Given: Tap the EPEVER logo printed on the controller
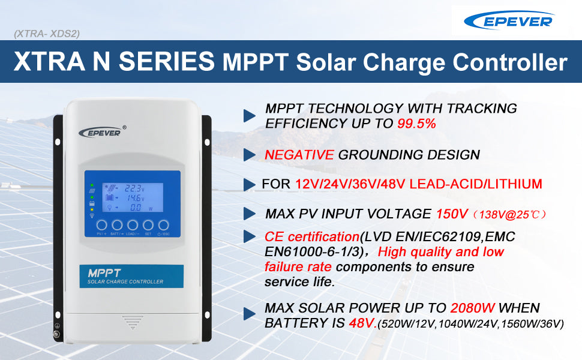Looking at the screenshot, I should (x=100, y=131).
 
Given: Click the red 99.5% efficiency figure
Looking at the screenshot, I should (x=416, y=124).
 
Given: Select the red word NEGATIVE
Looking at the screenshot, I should (x=299, y=155).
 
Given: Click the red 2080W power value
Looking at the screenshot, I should (x=472, y=308).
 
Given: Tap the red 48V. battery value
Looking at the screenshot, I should (x=362, y=323).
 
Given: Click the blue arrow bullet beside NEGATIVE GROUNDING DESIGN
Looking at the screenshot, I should (x=250, y=155).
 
